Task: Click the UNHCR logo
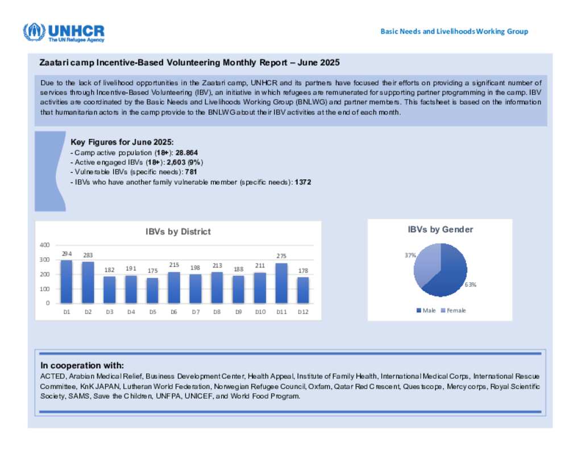click(63, 32)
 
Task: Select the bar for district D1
click(66, 282)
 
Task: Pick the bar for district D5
click(152, 290)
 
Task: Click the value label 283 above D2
click(88, 255)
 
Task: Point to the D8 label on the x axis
click(217, 312)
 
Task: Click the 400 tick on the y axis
click(44, 245)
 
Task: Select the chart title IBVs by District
click(178, 232)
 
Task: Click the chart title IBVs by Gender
click(440, 229)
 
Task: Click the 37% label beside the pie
click(410, 255)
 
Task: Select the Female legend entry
click(453, 310)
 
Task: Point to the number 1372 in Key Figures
click(303, 182)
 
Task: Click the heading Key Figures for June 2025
click(122, 142)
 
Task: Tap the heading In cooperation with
click(82, 365)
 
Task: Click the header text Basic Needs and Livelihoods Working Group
click(454, 31)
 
